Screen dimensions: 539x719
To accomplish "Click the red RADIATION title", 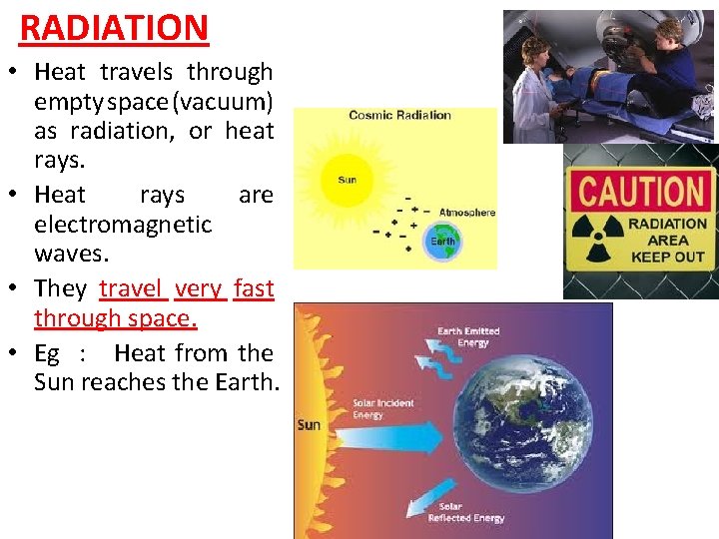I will click(x=114, y=29).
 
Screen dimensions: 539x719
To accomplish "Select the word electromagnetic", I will click(x=123, y=225).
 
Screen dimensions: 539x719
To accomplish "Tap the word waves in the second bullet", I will click(x=70, y=254).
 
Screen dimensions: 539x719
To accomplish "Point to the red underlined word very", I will click(x=198, y=288).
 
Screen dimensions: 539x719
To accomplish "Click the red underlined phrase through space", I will click(x=115, y=317).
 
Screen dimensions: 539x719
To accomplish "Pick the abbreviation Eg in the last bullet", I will click(x=47, y=353).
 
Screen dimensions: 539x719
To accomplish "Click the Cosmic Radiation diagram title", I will click(x=399, y=115).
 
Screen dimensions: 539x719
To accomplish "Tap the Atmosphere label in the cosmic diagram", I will click(x=466, y=213).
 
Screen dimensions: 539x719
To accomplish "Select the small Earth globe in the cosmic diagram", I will click(x=442, y=241).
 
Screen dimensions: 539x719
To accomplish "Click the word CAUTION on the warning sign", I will click(x=642, y=191).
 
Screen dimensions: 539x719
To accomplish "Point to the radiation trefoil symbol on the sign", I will click(x=597, y=241).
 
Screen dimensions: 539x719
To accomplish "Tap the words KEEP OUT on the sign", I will click(x=668, y=258).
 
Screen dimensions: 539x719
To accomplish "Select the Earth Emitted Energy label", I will click(x=467, y=337).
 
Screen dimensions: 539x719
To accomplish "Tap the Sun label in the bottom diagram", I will click(x=309, y=425).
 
